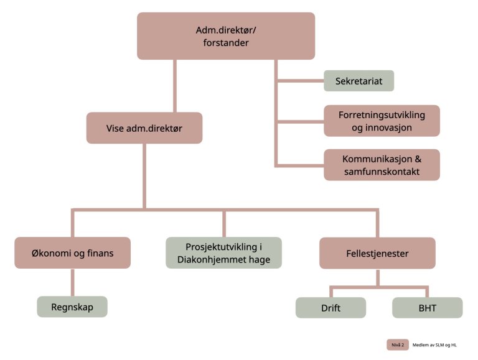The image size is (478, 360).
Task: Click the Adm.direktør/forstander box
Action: click(226, 36)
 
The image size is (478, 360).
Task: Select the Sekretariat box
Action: click(358, 81)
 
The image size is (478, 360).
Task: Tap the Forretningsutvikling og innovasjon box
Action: click(382, 121)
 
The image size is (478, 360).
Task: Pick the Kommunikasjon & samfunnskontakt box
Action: click(382, 165)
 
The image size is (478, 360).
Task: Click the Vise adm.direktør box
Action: click(144, 128)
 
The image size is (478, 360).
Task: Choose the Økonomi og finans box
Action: click(73, 252)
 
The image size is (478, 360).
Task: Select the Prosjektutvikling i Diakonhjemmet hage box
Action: click(223, 252)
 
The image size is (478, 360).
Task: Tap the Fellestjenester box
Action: click(377, 252)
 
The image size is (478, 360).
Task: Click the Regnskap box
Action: click(72, 307)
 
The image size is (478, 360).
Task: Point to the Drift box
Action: click(330, 307)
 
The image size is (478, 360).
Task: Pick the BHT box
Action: click(427, 307)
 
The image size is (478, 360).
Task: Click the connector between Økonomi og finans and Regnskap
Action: click(73, 282)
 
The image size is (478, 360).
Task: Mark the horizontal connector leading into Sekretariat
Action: click(299, 81)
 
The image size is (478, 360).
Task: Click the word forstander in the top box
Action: click(226, 44)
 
